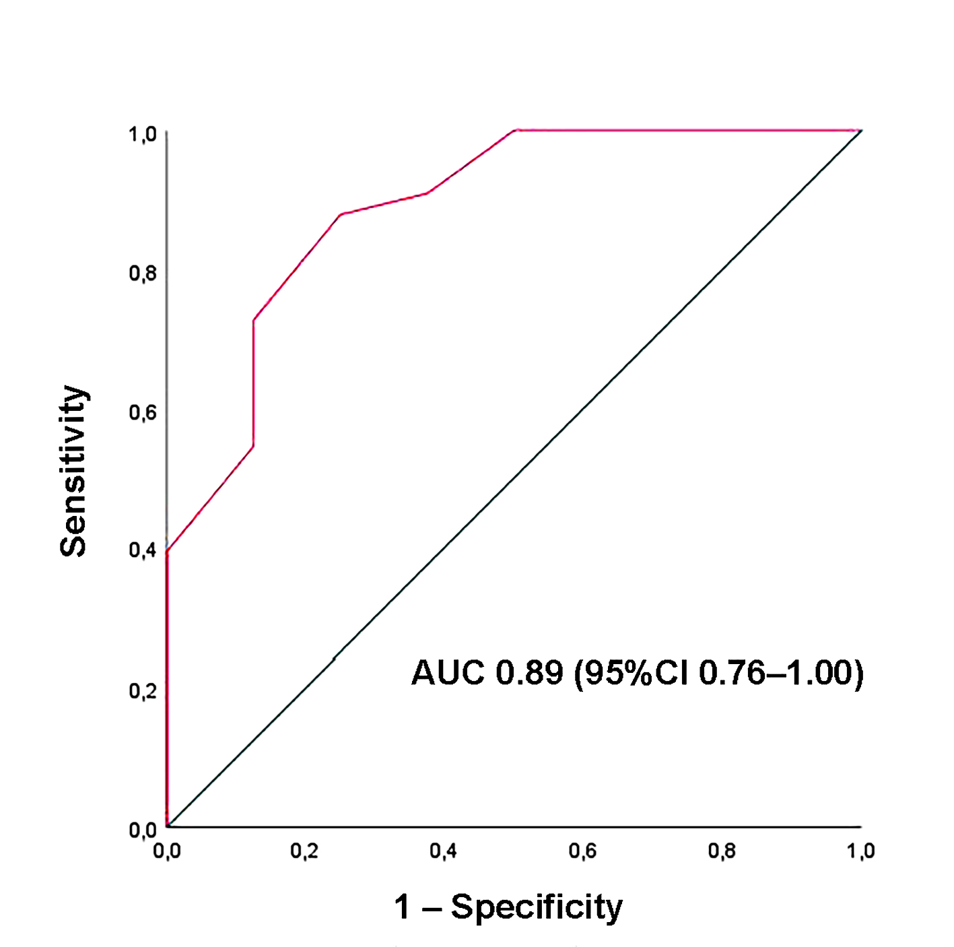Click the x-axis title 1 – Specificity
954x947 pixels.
tap(508, 907)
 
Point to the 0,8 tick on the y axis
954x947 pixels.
tap(143, 273)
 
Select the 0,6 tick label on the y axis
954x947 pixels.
tap(143, 412)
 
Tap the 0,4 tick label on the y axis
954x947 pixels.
tap(143, 550)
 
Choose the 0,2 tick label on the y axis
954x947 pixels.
tap(143, 690)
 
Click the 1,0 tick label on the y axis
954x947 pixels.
tap(143, 135)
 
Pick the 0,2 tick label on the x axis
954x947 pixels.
tap(304, 851)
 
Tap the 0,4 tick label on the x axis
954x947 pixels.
tap(443, 851)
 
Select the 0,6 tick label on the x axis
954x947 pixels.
tap(582, 851)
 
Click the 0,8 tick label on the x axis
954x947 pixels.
tap(722, 851)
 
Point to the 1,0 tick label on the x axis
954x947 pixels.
tap(860, 851)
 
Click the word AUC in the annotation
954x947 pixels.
tap(448, 673)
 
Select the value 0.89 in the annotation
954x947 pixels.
tap(529, 673)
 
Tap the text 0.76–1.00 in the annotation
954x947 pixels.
tap(774, 673)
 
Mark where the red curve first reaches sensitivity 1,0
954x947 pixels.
tap(515, 130)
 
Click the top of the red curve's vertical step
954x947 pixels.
tap(253, 320)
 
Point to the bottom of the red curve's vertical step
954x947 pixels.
tap(253, 445)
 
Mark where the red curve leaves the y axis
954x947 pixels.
tap(167, 551)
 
